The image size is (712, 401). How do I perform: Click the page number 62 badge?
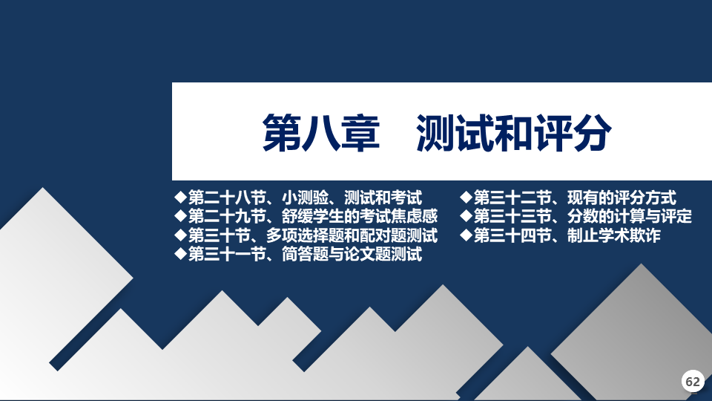(693, 381)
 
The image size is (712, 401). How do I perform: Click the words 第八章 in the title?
(321, 132)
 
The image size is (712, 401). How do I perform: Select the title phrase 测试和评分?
(513, 132)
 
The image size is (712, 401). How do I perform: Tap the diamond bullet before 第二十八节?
(181, 198)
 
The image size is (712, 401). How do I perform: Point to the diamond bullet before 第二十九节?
(181, 216)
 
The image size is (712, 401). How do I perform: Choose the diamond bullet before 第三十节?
(181, 235)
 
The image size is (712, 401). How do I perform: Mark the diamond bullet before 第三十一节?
(181, 254)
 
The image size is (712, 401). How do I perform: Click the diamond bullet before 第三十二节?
(467, 198)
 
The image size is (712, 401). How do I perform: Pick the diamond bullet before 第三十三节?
(467, 216)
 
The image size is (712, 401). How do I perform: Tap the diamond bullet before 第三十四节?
(467, 235)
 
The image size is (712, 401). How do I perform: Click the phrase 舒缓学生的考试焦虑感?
(359, 216)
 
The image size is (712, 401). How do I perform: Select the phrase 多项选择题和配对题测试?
(352, 235)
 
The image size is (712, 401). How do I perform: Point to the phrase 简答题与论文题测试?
(352, 254)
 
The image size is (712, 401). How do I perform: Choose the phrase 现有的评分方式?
(622, 198)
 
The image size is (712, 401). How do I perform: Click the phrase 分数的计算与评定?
(630, 216)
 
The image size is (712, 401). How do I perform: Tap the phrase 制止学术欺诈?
(614, 235)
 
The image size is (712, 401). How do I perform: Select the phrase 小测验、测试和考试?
(352, 198)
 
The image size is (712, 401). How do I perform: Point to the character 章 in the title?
(360, 132)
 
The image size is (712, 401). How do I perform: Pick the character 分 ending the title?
(592, 132)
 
